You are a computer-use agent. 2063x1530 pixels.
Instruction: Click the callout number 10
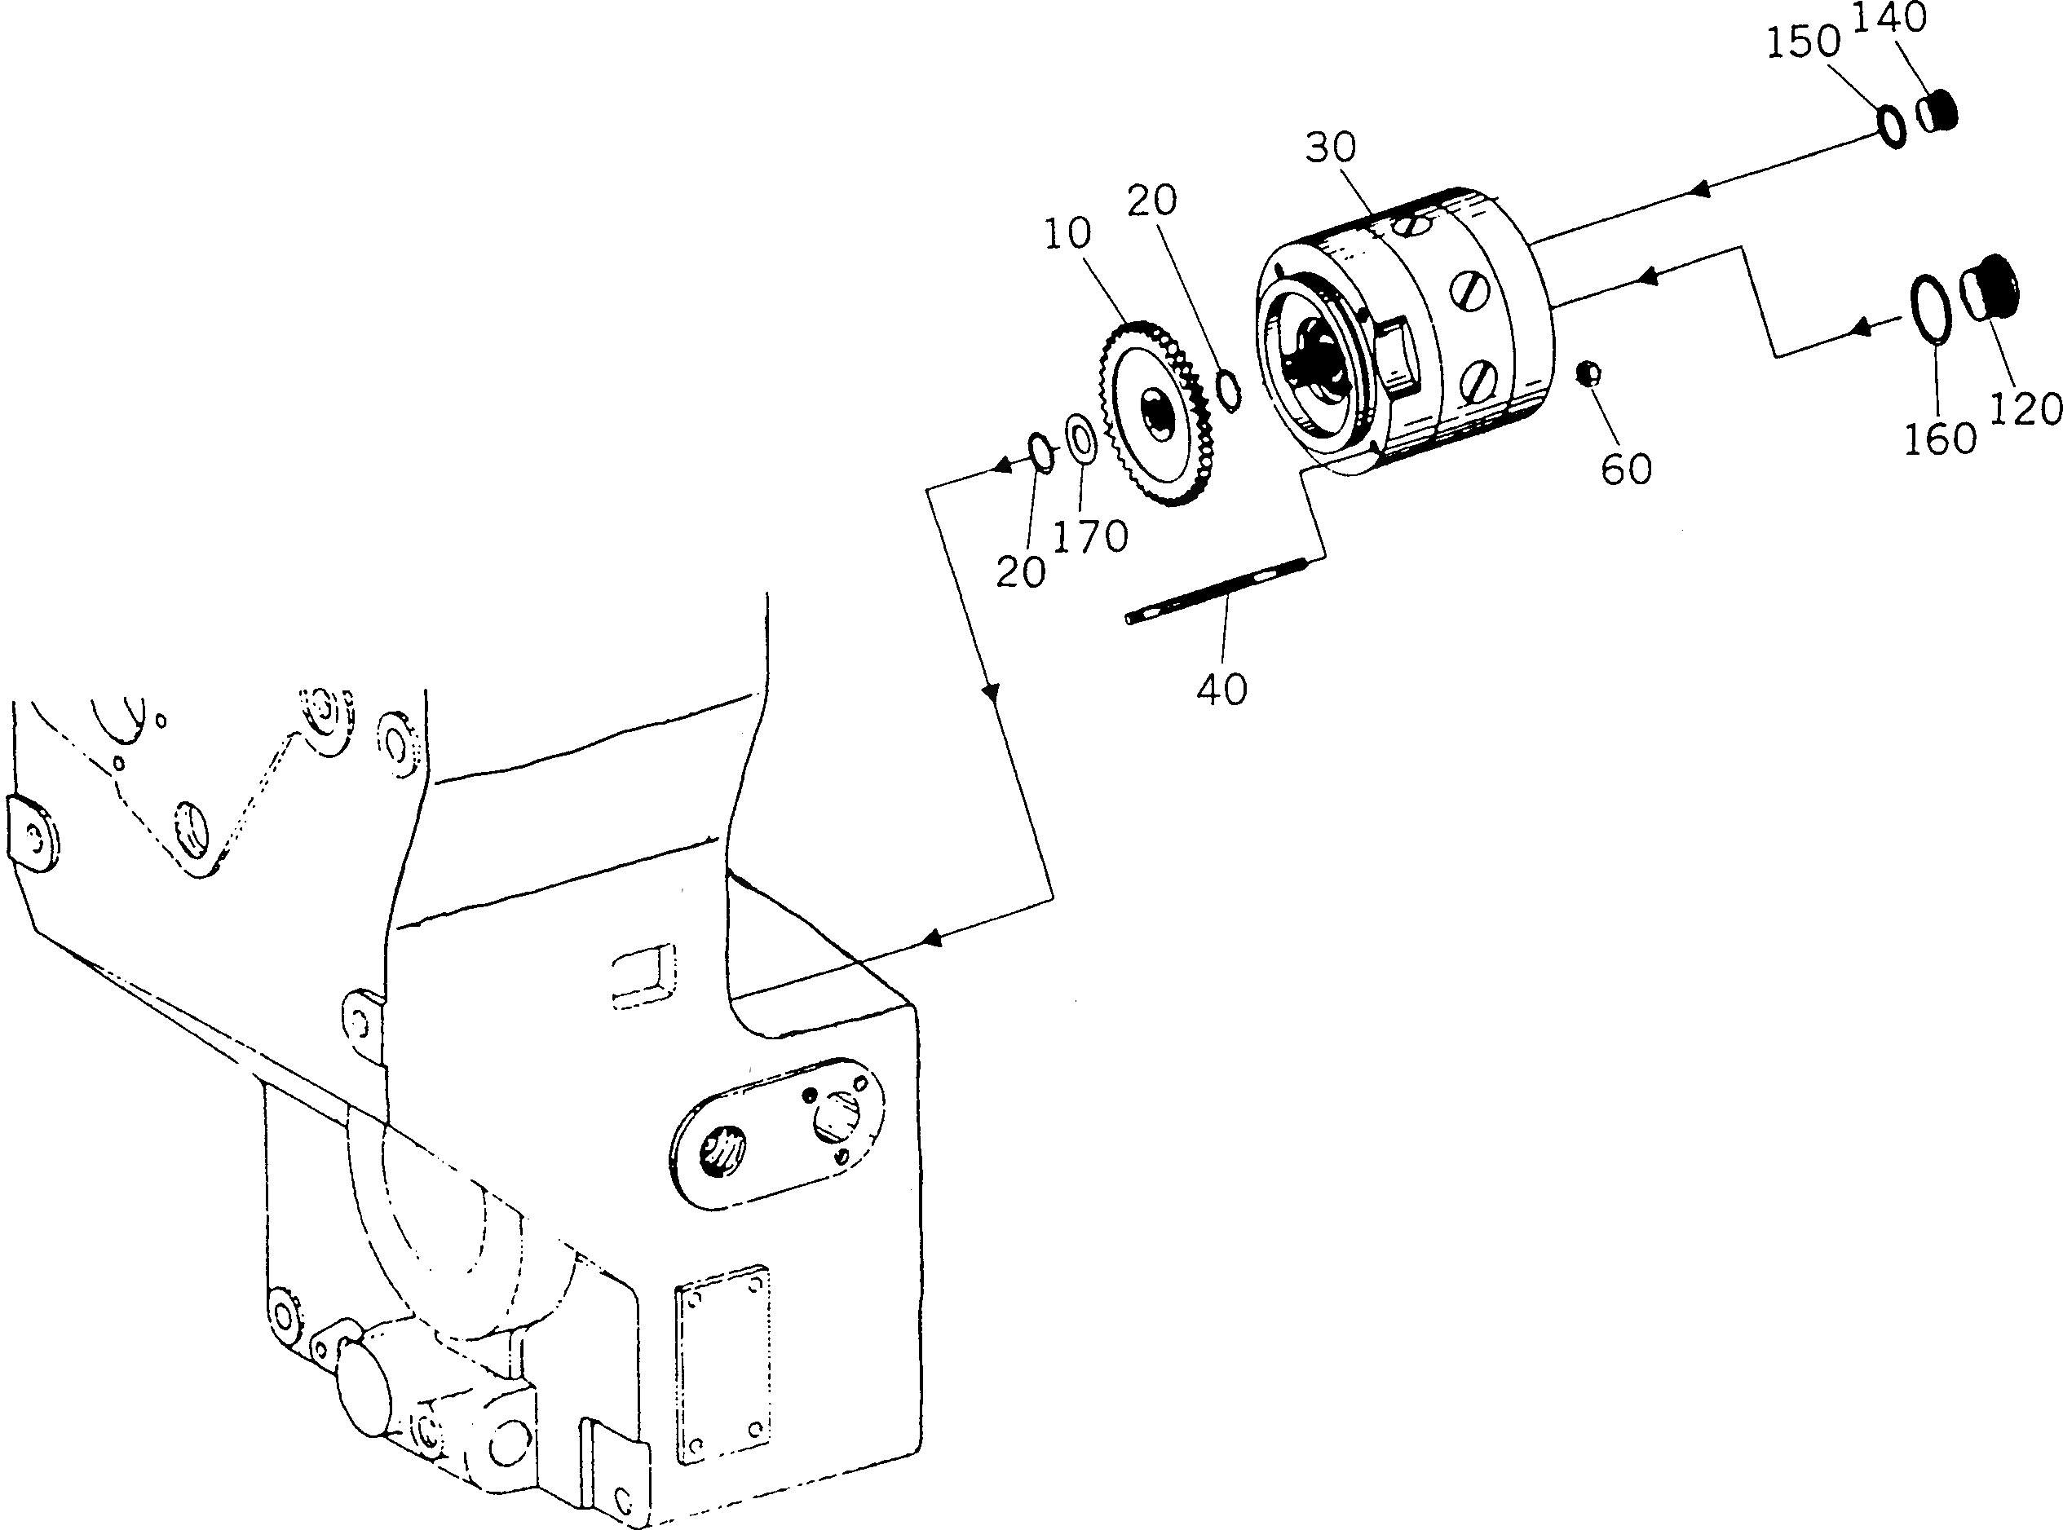pos(1068,233)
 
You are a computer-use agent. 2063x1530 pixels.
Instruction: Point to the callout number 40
pos(1221,689)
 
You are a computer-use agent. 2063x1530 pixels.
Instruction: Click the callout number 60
pos(1627,469)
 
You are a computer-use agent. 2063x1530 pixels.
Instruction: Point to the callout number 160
pos(1940,438)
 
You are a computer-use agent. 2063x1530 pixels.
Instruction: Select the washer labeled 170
pos(1081,438)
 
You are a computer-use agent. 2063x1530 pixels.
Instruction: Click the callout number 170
pos(1090,536)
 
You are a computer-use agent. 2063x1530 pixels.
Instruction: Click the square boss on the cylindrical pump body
pos(1401,355)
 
